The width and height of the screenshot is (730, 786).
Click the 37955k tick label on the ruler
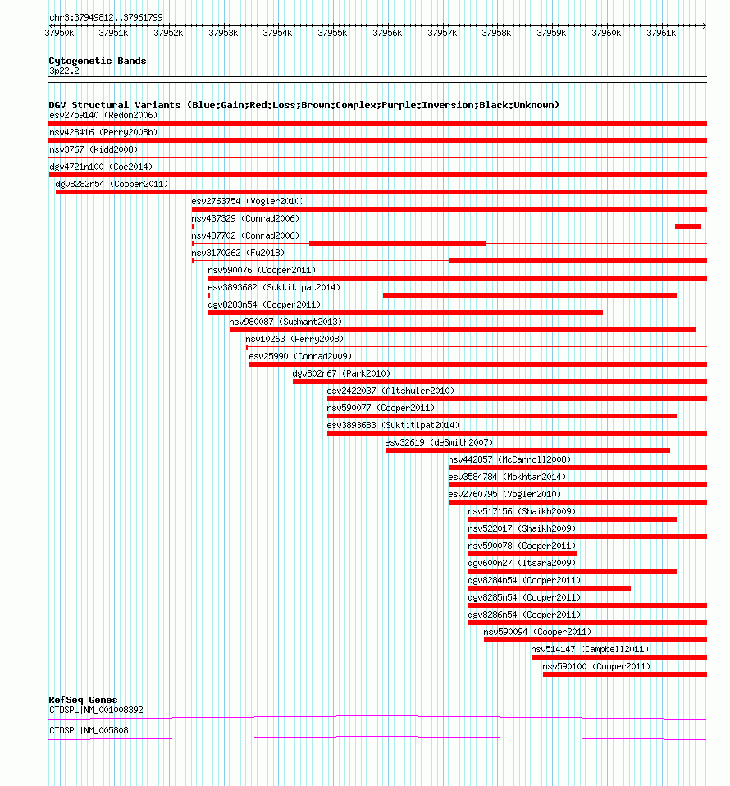[x=332, y=33]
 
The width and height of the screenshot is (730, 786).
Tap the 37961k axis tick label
[x=660, y=33]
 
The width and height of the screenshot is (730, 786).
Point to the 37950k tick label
[x=58, y=33]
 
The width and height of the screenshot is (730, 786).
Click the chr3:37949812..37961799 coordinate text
[x=106, y=17]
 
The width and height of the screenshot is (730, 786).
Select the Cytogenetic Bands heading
[x=97, y=61]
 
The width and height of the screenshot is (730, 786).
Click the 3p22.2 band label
[x=64, y=71]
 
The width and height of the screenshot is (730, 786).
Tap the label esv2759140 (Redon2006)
[x=103, y=115]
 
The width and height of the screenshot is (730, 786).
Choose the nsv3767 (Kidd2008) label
[x=93, y=149]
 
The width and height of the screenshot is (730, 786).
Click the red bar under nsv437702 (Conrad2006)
[x=397, y=244]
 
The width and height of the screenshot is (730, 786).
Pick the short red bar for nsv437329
[x=687, y=226]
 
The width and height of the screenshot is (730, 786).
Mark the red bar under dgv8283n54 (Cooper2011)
[x=405, y=313]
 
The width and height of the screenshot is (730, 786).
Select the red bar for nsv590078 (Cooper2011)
[x=522, y=554]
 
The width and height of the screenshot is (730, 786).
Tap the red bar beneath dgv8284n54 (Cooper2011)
[x=549, y=588]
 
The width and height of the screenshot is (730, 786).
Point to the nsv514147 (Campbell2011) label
[x=589, y=649]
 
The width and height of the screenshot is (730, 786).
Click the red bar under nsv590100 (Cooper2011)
[x=624, y=674]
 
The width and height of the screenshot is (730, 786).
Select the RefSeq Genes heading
[x=83, y=700]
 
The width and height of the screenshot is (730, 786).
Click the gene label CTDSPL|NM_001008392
[x=95, y=711]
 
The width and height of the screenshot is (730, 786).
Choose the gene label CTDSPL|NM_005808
[x=88, y=730]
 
